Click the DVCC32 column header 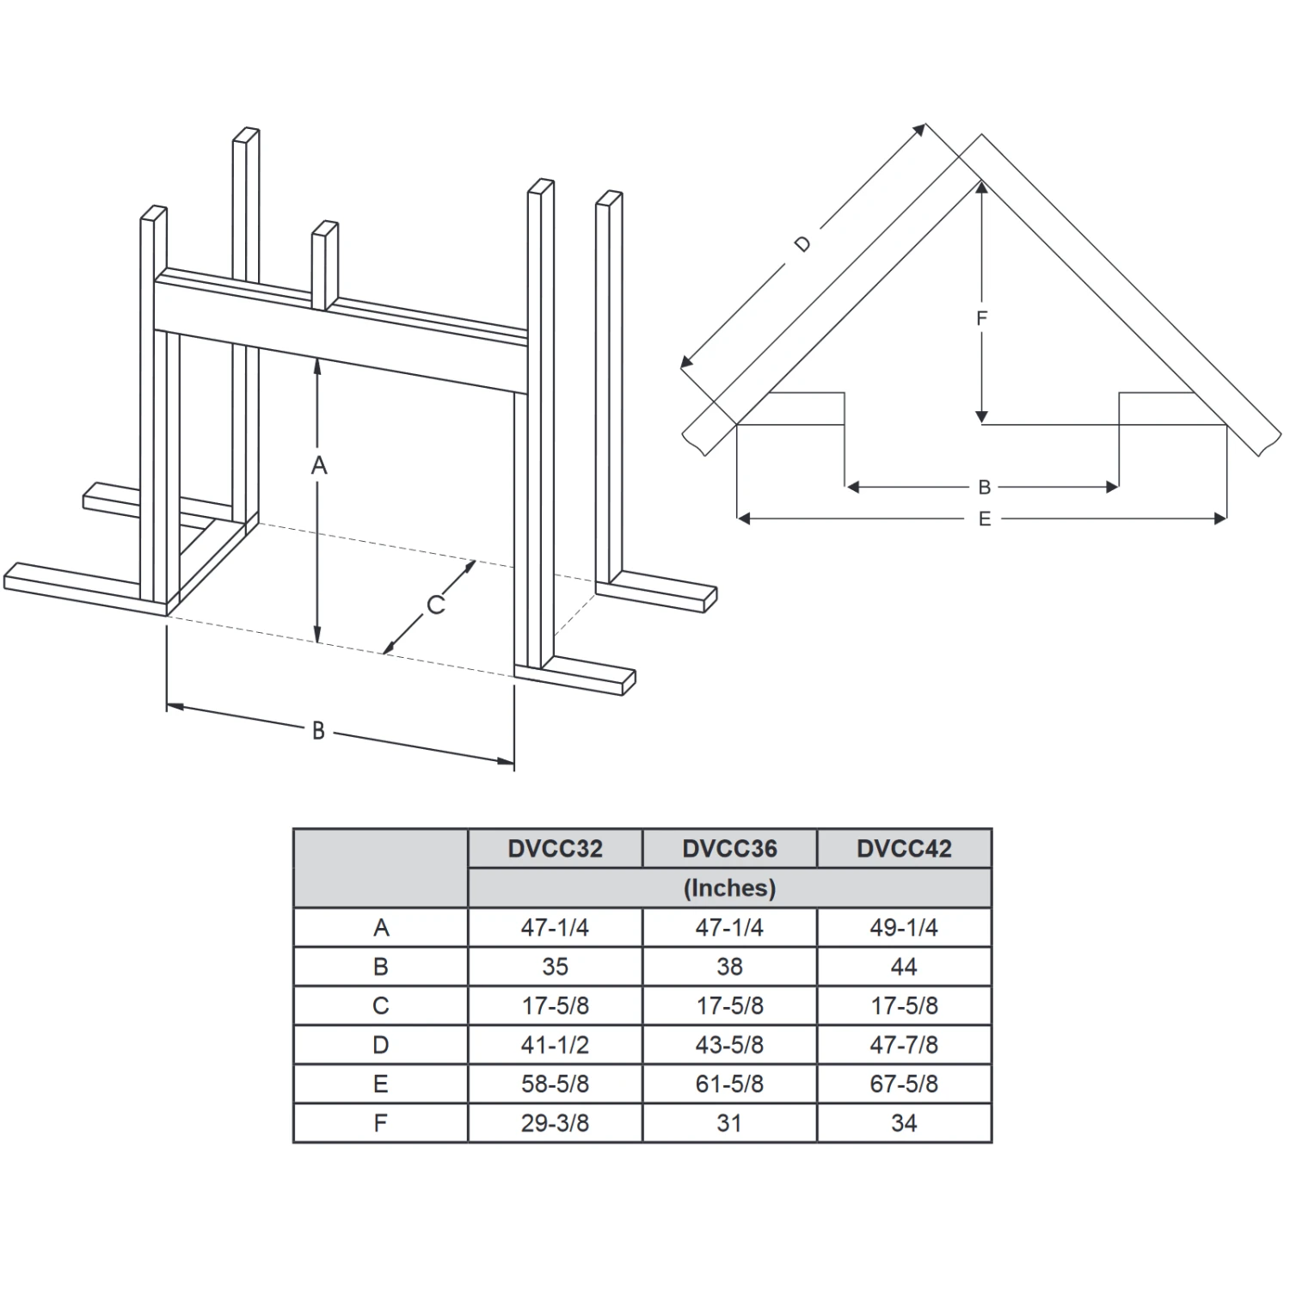[x=555, y=849]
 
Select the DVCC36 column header [x=729, y=849]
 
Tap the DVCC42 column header [x=904, y=849]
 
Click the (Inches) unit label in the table [x=729, y=888]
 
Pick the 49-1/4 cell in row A [x=904, y=928]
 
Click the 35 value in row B [x=555, y=967]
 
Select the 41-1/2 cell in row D [x=555, y=1045]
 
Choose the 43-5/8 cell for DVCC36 [x=729, y=1045]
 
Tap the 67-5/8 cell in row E [x=904, y=1084]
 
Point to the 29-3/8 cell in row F [x=555, y=1123]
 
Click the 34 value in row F [x=904, y=1123]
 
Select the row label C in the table [x=381, y=1005]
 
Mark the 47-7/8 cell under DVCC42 [x=904, y=1045]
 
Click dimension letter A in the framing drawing [x=319, y=465]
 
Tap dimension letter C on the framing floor [x=436, y=605]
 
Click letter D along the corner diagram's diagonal [x=802, y=244]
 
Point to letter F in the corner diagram [x=981, y=319]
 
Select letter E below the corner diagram [x=985, y=519]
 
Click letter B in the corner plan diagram [x=985, y=488]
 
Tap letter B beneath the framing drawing [x=318, y=731]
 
